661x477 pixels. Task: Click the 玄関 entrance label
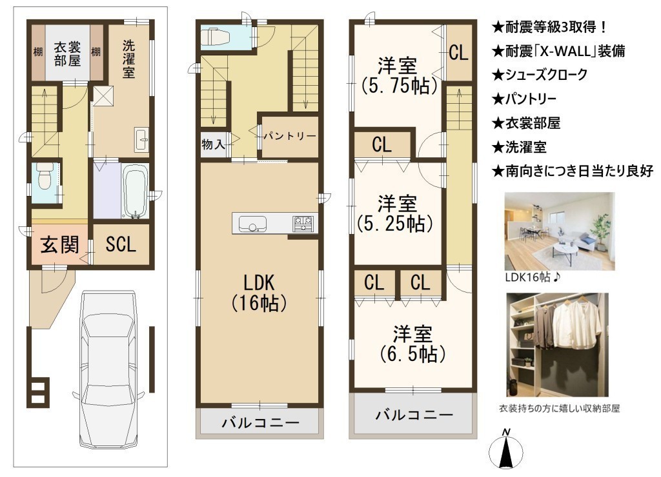(x=59, y=244)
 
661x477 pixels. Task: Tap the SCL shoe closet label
(x=121, y=244)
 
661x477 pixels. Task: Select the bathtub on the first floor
(x=136, y=191)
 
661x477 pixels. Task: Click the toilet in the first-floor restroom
(x=43, y=177)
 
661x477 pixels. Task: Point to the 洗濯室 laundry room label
(x=129, y=59)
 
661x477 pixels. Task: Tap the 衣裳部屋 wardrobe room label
(x=67, y=54)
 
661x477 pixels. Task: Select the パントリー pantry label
(x=290, y=136)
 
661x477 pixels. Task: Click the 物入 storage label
(x=213, y=144)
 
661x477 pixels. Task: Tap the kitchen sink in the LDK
(x=252, y=224)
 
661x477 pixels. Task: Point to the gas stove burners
(x=303, y=223)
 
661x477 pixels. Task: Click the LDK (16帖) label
(x=259, y=293)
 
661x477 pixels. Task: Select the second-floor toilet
(x=215, y=37)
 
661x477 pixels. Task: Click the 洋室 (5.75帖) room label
(x=397, y=76)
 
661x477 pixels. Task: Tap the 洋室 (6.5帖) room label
(x=412, y=344)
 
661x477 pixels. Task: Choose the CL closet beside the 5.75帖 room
(x=458, y=53)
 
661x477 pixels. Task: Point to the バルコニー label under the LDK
(x=261, y=422)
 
